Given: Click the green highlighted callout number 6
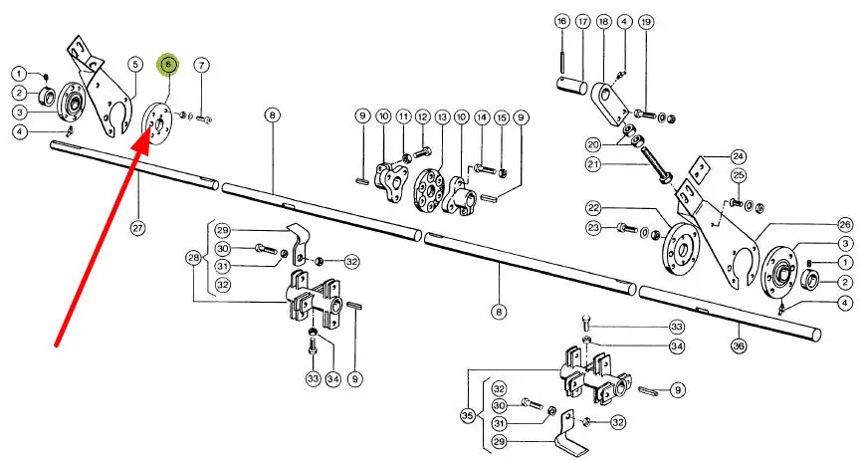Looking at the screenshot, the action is pyautogui.click(x=168, y=65).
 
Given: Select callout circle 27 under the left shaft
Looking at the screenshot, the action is pyautogui.click(x=137, y=227).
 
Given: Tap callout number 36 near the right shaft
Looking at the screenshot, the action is pyautogui.click(x=739, y=345).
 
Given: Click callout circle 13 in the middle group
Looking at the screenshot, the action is pyautogui.click(x=442, y=116).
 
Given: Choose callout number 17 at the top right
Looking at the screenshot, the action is pyautogui.click(x=582, y=22).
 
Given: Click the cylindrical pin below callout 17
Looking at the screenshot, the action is pyautogui.click(x=573, y=86).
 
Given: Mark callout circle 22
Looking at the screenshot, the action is pyautogui.click(x=593, y=208).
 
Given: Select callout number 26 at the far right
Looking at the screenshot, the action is pyautogui.click(x=844, y=224).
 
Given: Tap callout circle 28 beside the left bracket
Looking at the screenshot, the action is pyautogui.click(x=193, y=258).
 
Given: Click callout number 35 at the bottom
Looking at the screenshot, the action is pyautogui.click(x=467, y=416).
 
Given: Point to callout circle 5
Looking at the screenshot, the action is pyautogui.click(x=135, y=65).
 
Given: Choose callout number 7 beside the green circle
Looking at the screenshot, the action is pyautogui.click(x=201, y=65).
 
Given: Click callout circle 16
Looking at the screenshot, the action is pyautogui.click(x=561, y=22).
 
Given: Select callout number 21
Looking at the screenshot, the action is pyautogui.click(x=593, y=164).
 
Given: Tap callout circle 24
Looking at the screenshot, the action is pyautogui.click(x=739, y=156).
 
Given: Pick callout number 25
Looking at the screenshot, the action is pyautogui.click(x=739, y=176).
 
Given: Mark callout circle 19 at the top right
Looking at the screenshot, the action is pyautogui.click(x=645, y=22).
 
